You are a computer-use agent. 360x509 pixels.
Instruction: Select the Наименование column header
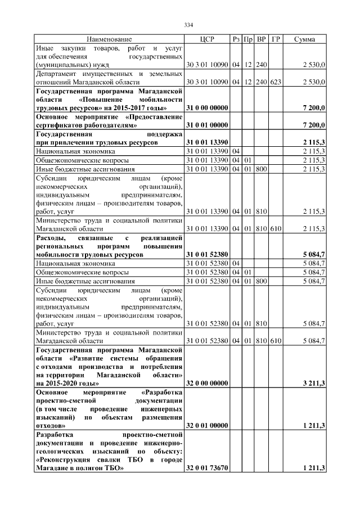click(x=109, y=39)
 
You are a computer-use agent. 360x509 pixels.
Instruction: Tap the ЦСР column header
click(x=207, y=39)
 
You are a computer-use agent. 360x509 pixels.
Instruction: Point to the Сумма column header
click(x=304, y=39)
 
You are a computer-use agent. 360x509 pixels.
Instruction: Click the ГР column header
click(x=276, y=39)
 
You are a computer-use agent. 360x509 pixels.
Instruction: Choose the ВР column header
click(x=262, y=39)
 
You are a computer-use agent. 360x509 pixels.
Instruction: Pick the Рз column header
click(x=236, y=39)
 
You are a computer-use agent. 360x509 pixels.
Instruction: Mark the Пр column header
click(x=249, y=39)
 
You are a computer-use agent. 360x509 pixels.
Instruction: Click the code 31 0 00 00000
click(x=207, y=107)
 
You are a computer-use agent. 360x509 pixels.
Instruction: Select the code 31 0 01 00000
click(x=207, y=125)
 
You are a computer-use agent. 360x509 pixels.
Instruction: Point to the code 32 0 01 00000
click(x=207, y=427)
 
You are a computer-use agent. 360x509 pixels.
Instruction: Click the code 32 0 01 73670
click(x=207, y=469)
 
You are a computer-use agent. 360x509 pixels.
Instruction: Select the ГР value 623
click(x=276, y=82)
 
